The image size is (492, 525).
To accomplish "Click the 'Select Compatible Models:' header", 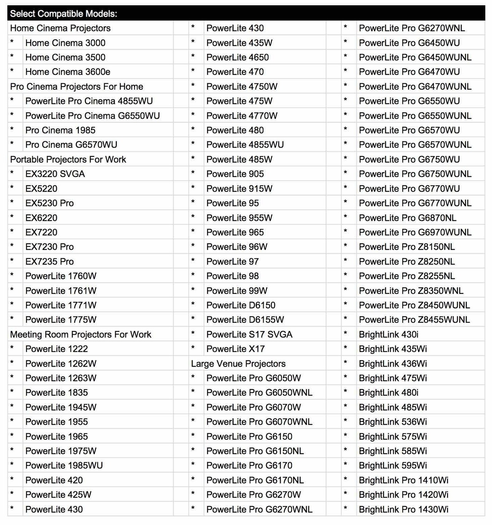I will (x=63, y=14).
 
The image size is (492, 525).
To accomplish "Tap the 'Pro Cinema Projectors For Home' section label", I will (x=76, y=87).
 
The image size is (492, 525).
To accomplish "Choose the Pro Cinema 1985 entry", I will (x=60, y=130).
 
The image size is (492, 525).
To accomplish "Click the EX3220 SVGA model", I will (x=55, y=174).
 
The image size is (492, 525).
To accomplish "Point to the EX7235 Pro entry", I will (x=50, y=262).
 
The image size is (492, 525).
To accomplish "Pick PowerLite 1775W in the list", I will (x=61, y=320).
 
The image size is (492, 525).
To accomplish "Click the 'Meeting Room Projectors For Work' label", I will (x=81, y=334).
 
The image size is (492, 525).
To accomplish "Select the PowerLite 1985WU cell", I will (x=64, y=465).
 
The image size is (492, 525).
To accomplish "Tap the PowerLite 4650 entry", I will (x=238, y=57).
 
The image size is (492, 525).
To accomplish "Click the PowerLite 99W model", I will (x=237, y=291).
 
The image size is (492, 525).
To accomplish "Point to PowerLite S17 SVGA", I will (x=249, y=334).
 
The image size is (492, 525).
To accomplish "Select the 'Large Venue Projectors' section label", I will (x=238, y=363).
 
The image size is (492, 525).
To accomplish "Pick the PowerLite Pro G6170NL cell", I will (x=255, y=480).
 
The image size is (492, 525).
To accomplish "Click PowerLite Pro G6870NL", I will (x=407, y=218).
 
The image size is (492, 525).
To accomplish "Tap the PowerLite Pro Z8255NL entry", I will (x=407, y=276).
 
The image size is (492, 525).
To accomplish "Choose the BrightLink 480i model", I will (x=389, y=393).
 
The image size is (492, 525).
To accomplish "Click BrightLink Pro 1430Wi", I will (x=404, y=509).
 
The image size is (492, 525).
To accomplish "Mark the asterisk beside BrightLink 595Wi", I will (x=346, y=465).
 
